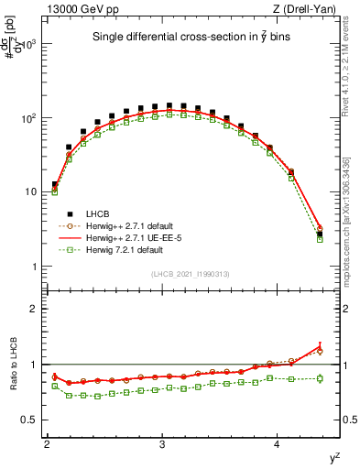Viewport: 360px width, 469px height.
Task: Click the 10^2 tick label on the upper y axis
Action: (x=28, y=118)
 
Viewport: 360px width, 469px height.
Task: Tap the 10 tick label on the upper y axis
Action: (x=32, y=192)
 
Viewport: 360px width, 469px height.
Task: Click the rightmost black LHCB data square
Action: (x=320, y=234)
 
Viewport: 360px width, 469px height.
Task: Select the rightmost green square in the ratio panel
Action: (x=320, y=377)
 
